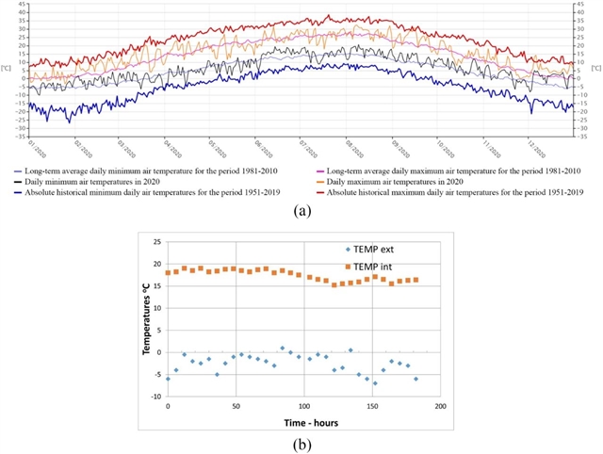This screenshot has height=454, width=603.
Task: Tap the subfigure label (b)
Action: point(301,444)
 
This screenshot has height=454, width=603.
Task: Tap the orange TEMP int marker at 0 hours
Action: point(168,273)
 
